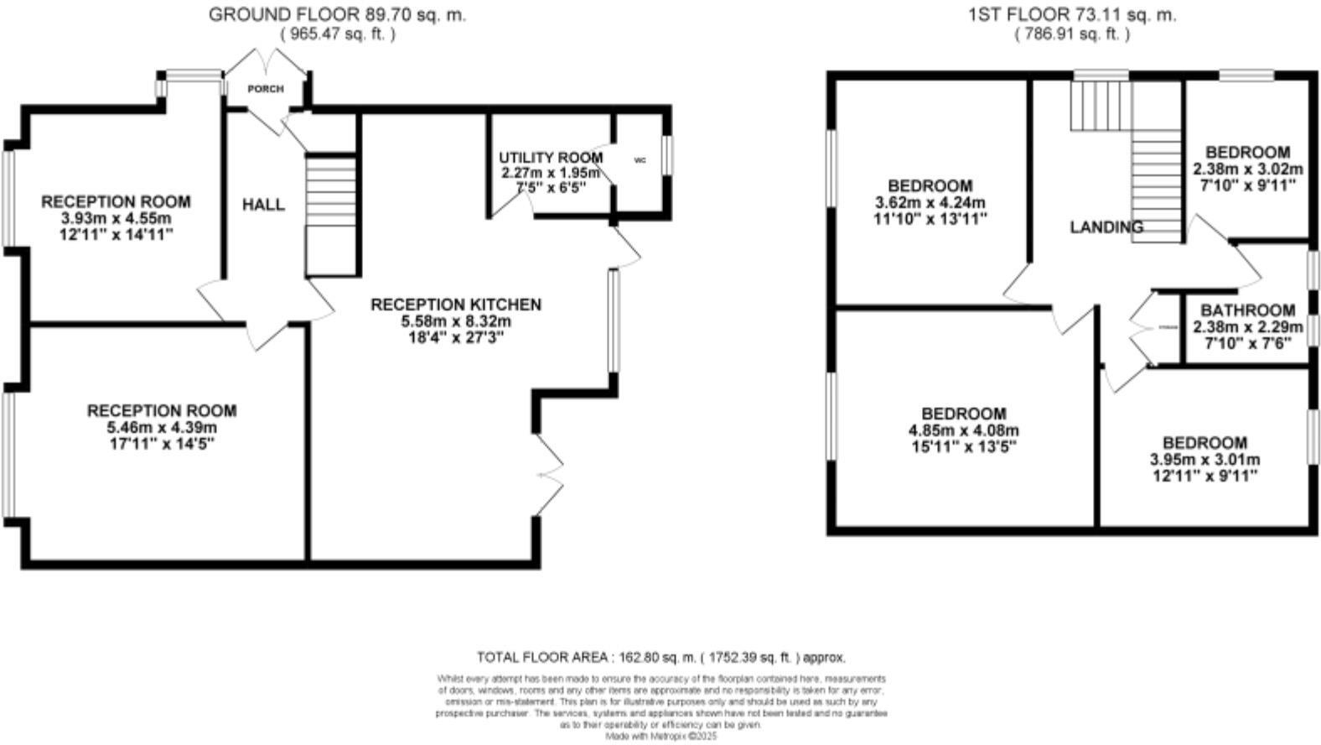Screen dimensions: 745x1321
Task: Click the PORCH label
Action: pyautogui.click(x=265, y=89)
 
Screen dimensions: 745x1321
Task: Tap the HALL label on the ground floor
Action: pyautogui.click(x=263, y=205)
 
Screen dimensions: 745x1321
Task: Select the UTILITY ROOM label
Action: pyautogui.click(x=550, y=158)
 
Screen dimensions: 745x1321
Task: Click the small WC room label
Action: pyautogui.click(x=640, y=160)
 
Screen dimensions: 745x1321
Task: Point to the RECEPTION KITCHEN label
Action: pyautogui.click(x=456, y=305)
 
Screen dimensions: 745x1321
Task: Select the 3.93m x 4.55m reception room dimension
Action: pyautogui.click(x=117, y=219)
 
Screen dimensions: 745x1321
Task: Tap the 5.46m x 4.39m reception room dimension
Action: pyautogui.click(x=162, y=427)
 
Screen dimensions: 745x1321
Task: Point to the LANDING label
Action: pyautogui.click(x=1106, y=227)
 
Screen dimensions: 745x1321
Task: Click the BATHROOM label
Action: pyautogui.click(x=1247, y=310)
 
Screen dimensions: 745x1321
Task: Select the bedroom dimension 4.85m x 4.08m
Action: pyautogui.click(x=964, y=431)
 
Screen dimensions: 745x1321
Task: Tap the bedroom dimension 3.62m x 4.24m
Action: pyautogui.click(x=930, y=203)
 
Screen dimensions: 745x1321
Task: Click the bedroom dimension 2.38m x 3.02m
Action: pyautogui.click(x=1247, y=169)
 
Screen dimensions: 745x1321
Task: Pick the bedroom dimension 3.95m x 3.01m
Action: pyautogui.click(x=1204, y=460)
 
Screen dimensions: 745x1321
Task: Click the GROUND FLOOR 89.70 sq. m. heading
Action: pyautogui.click(x=337, y=14)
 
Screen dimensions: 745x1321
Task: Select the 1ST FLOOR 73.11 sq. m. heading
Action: pyautogui.click(x=1071, y=14)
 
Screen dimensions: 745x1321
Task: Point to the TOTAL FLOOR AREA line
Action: pyautogui.click(x=660, y=658)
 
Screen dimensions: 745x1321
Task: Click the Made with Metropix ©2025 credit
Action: pyautogui.click(x=661, y=736)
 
